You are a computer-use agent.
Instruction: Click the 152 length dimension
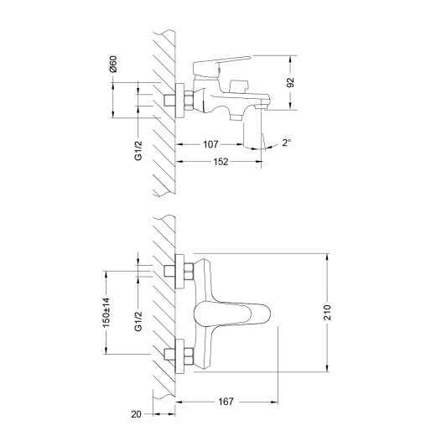221,163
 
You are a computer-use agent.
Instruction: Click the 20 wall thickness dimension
137,413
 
